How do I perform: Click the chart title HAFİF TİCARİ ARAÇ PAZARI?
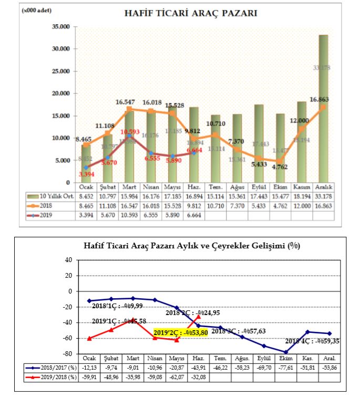coord(190,13)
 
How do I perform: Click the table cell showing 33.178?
coord(323,195)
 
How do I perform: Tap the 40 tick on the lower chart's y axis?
coord(67,260)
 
